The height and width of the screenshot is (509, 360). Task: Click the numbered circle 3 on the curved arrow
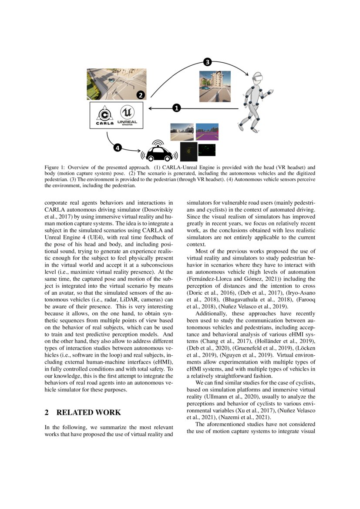pyautogui.click(x=208, y=62)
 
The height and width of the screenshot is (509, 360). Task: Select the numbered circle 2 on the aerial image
pyautogui.click(x=140, y=94)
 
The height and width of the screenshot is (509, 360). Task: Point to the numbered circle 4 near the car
pyautogui.click(x=118, y=148)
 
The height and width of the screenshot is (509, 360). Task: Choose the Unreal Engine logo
pyautogui.click(x=127, y=115)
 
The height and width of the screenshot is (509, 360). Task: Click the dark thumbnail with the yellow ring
pyautogui.click(x=188, y=152)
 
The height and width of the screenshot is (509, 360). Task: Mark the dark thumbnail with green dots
pyautogui.click(x=207, y=150)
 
